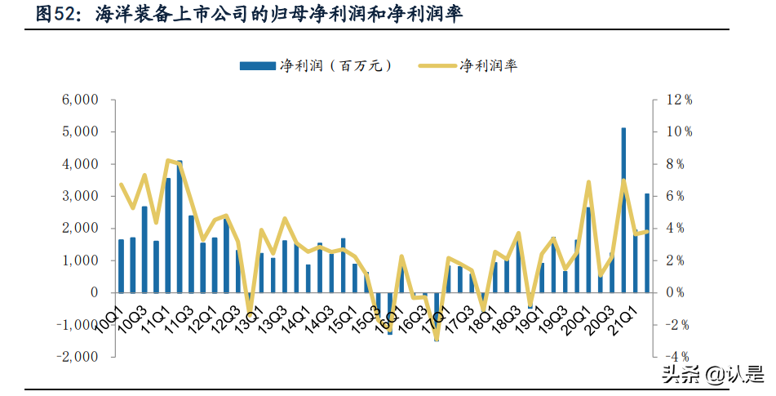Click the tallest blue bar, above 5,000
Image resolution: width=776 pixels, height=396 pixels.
pos(623,210)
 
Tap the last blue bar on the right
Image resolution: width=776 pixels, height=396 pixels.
pos(647,242)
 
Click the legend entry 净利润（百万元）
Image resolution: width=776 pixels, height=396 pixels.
pos(314,65)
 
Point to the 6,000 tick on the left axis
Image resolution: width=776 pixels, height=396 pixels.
pos(80,100)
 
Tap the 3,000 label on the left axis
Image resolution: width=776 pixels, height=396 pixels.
pos(80,196)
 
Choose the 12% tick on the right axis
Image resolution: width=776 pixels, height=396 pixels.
pos(679,100)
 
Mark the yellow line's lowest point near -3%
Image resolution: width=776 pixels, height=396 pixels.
pos(437,338)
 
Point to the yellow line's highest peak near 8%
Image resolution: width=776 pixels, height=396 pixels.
pos(168,160)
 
